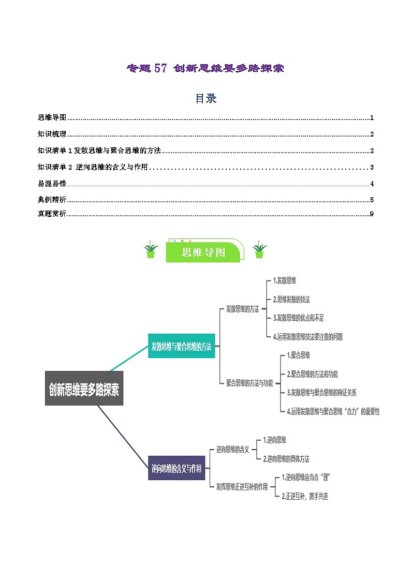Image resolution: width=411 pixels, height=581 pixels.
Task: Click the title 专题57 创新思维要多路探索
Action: point(205,68)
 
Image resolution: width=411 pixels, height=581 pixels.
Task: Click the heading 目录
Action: point(205,98)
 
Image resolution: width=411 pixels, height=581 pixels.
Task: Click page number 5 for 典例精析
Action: point(372,200)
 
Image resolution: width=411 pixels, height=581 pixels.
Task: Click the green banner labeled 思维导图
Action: point(204,252)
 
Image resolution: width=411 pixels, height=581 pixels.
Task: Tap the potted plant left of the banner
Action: point(151,250)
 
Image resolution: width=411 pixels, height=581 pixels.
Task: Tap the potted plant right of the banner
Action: point(259,250)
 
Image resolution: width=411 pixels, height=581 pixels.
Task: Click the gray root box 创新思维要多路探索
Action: point(84,389)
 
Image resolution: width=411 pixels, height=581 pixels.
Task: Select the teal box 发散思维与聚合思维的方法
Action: point(181,346)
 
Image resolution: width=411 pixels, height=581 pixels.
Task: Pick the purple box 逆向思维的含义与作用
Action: point(176,469)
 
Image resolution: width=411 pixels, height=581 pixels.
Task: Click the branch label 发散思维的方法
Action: point(242,309)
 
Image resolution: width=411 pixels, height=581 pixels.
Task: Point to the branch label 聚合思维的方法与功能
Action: point(249,383)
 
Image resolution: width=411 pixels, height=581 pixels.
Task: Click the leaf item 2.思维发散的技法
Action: point(291,299)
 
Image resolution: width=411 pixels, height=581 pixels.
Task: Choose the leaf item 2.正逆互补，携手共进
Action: point(304,496)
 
